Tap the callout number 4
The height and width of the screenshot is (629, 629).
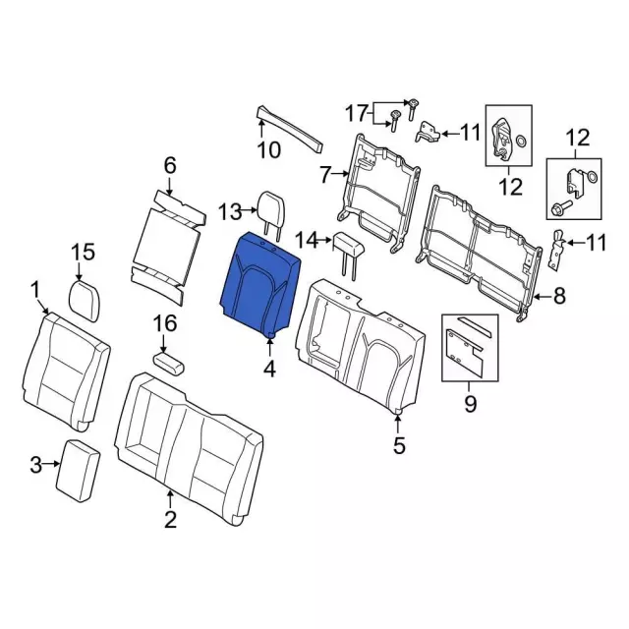269,369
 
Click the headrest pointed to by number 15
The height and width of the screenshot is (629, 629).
85,301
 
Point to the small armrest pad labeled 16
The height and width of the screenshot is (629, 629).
169,363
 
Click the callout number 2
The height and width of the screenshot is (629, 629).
170,520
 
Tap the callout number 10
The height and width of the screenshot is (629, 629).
268,150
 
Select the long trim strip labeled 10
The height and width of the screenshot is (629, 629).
290,129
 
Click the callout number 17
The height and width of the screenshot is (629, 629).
357,113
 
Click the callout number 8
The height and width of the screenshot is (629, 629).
558,297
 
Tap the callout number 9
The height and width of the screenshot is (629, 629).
470,403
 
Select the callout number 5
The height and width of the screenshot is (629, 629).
399,445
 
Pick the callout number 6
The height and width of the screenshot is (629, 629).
170,165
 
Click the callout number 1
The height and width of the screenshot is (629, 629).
35,290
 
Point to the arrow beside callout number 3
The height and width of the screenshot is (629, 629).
52,464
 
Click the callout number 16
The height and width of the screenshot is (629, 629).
166,323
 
